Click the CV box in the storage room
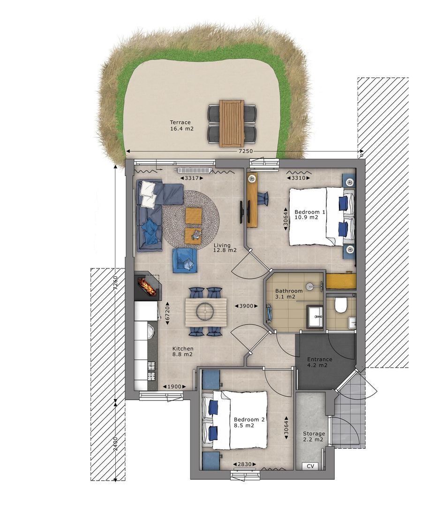pos(310,466)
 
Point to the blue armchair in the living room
pos(184,261)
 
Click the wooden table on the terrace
pos(231,123)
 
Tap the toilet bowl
pos(340,305)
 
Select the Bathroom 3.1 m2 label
pos(289,293)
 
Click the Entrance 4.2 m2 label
pos(320,362)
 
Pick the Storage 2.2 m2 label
pos(314,437)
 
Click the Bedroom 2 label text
pos(249,419)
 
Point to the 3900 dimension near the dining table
pos(246,306)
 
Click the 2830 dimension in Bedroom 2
pos(244,464)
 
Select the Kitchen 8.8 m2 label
pos(183,352)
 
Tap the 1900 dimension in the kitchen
pos(174,386)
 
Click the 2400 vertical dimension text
pos(115,445)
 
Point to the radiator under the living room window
pos(194,170)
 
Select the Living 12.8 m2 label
pos(225,248)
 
